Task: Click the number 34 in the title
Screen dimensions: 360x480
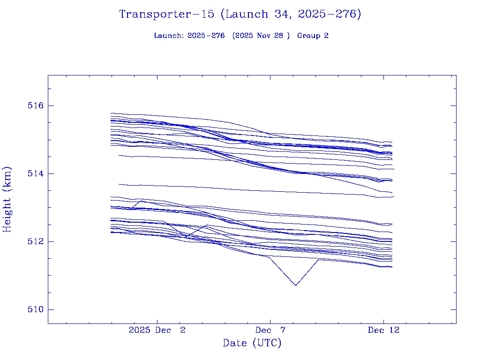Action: [x=275, y=15]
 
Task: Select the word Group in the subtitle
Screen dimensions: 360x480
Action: [x=309, y=36]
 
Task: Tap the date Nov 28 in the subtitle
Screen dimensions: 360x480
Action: [x=269, y=36]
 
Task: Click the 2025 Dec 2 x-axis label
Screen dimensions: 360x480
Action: [x=157, y=330]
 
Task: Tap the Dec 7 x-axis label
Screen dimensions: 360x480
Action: [x=270, y=330]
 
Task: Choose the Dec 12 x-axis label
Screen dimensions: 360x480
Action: [x=383, y=330]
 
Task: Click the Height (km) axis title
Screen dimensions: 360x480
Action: [x=7, y=199]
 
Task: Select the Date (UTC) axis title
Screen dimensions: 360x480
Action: [x=252, y=343]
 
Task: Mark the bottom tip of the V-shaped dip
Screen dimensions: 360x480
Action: [x=295, y=285]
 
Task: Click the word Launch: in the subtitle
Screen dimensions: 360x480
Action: [x=169, y=36]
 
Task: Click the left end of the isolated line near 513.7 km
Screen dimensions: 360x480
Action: [x=119, y=184]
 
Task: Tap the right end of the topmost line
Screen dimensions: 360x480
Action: [x=392, y=142]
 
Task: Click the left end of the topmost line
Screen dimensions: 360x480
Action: [x=111, y=113]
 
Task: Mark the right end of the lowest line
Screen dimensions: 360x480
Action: [x=392, y=267]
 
